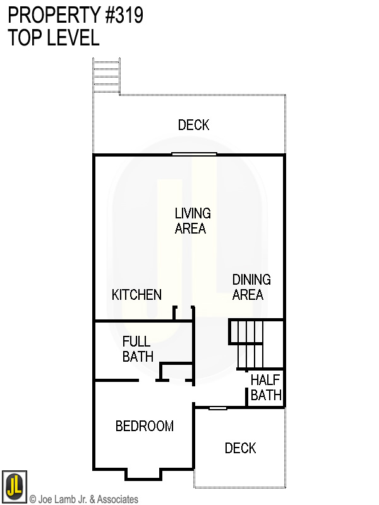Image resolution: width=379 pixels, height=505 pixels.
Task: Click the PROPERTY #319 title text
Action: (x=75, y=15)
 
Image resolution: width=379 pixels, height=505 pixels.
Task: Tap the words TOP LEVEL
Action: (x=54, y=37)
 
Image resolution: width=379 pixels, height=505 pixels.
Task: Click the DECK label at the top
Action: (x=193, y=125)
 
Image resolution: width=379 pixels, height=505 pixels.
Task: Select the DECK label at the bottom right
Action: (x=240, y=448)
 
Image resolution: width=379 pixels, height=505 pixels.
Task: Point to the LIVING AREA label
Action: (x=192, y=221)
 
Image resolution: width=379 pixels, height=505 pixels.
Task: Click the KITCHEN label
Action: (x=136, y=295)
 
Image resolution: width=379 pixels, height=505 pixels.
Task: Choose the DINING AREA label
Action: (x=251, y=287)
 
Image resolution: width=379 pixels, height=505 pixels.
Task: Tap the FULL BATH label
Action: (x=138, y=349)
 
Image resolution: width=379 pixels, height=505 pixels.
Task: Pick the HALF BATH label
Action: (x=266, y=388)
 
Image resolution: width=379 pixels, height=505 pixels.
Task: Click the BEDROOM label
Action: (x=144, y=426)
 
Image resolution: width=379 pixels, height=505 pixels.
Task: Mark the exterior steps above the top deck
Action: (x=106, y=76)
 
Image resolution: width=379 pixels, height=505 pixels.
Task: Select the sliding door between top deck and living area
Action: (x=194, y=153)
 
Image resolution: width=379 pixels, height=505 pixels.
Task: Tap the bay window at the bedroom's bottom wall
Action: (x=143, y=473)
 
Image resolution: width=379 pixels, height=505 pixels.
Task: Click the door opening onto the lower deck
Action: (x=218, y=408)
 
